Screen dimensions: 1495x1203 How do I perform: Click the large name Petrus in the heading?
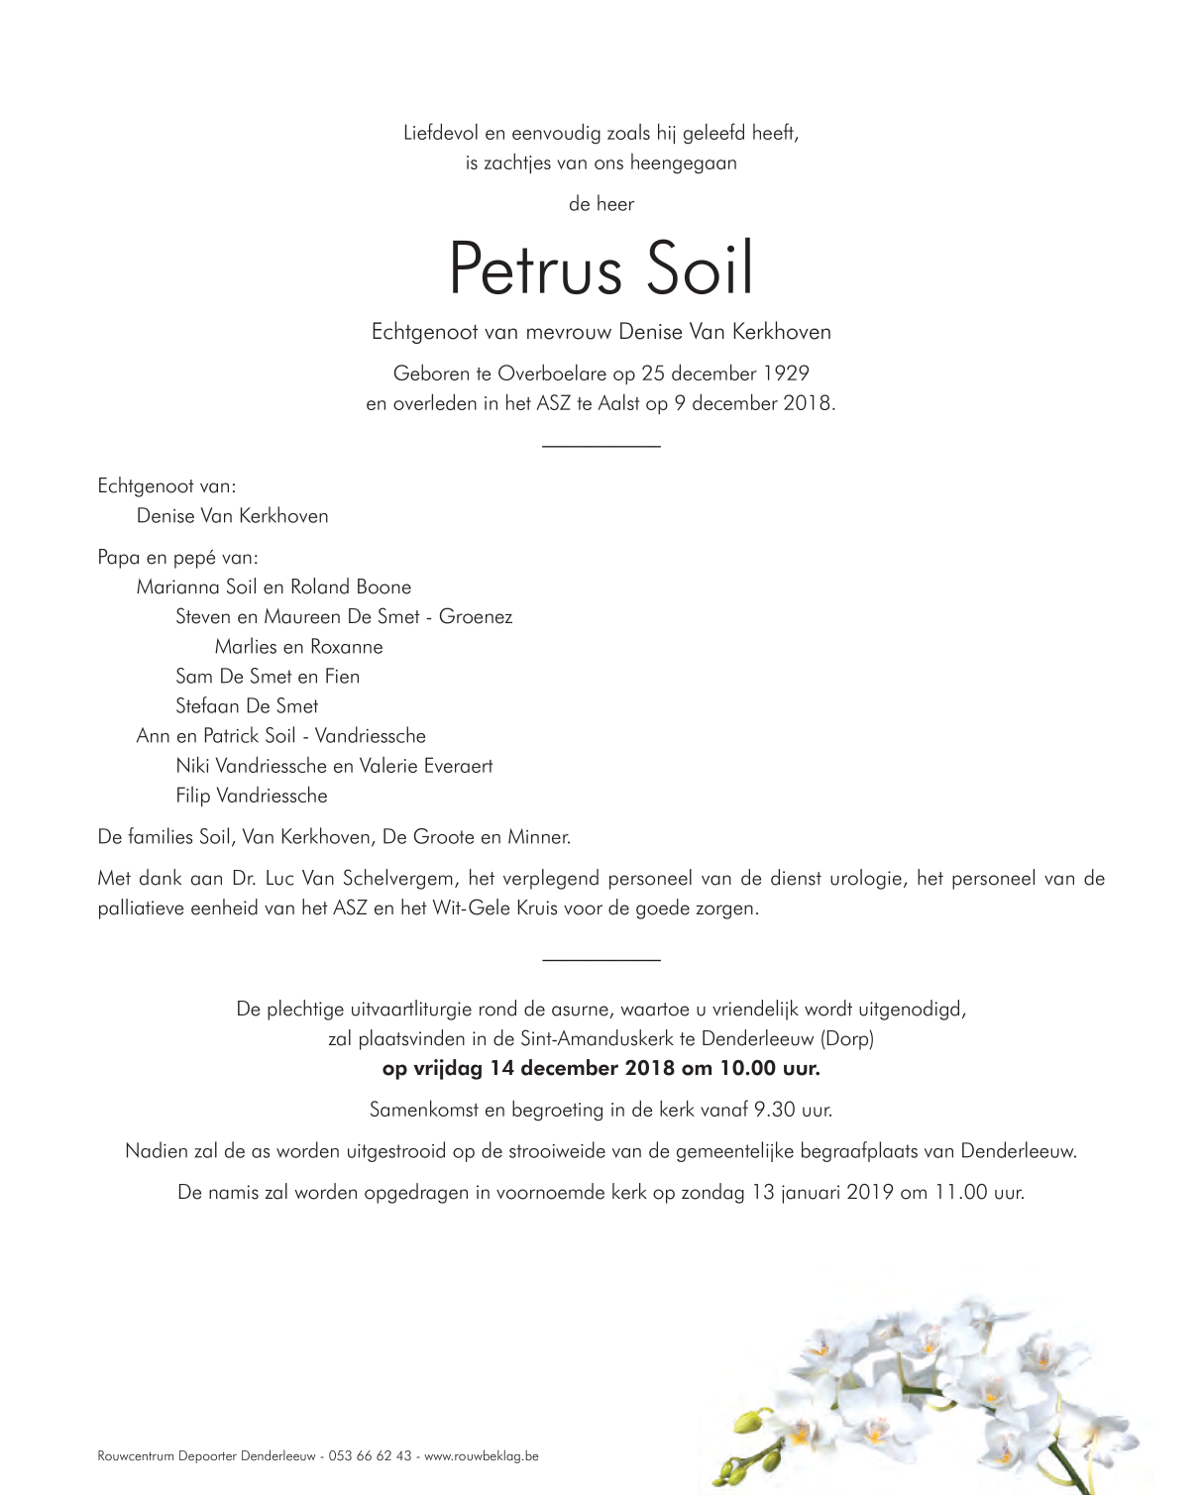tap(535, 268)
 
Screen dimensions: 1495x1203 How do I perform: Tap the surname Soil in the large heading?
tap(700, 268)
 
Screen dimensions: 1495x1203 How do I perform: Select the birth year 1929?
tap(786, 374)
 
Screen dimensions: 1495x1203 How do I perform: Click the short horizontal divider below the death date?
tap(601, 447)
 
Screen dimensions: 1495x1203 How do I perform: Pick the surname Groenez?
tap(476, 616)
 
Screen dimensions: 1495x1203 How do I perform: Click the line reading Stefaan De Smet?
tap(247, 705)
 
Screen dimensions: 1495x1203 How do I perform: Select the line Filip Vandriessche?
tap(251, 795)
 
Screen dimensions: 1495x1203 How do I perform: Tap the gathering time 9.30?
tap(775, 1110)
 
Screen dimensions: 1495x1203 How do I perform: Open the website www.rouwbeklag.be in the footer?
tap(482, 1456)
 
